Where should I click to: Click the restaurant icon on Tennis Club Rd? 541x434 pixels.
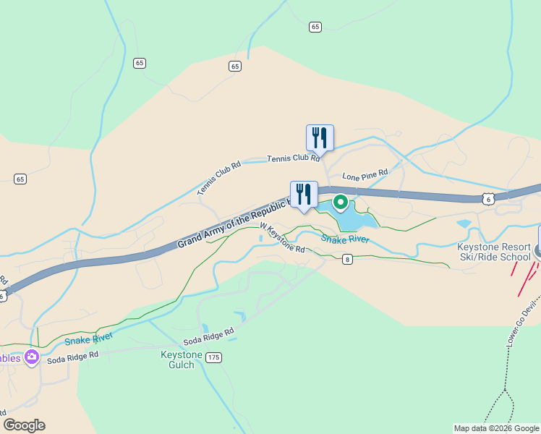[x=319, y=137]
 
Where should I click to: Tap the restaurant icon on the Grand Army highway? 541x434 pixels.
[x=304, y=194]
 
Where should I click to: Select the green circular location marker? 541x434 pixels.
[x=340, y=202]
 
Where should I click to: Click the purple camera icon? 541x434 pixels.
[x=31, y=357]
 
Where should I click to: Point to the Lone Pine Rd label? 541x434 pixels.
[x=365, y=175]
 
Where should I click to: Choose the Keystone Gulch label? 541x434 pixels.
[x=177, y=359]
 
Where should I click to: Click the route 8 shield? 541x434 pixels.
[x=347, y=260]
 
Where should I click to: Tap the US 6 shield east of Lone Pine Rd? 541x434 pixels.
[x=489, y=197]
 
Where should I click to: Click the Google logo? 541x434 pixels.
[x=24, y=425]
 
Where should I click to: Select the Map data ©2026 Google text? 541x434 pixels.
[x=496, y=428]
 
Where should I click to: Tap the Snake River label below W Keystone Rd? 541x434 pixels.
[x=345, y=239]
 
